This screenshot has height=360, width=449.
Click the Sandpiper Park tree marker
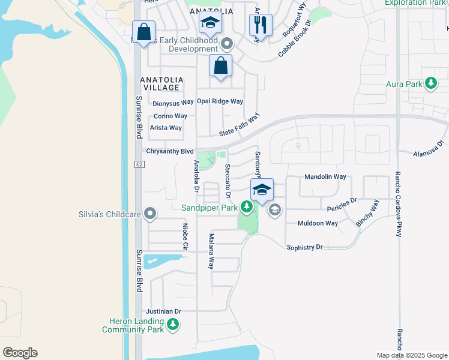[246, 208]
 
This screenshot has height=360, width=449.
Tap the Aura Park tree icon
[430, 84]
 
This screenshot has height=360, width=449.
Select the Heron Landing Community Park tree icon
[173, 325]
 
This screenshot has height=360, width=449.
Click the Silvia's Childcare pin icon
[150, 214]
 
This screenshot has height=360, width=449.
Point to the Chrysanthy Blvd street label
[170, 151]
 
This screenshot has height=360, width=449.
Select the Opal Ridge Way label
[220, 101]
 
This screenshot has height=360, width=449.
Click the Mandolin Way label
[325, 177]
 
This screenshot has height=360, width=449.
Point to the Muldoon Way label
[318, 223]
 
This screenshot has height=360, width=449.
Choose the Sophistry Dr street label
[304, 247]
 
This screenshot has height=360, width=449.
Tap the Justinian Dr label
[163, 311]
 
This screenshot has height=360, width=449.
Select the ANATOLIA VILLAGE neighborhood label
[160, 83]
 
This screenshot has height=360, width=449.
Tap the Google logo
[20, 353]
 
